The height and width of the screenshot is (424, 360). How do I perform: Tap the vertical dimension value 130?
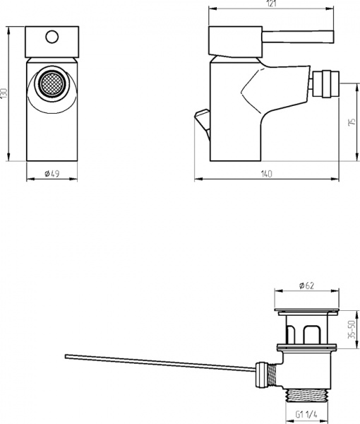tap(4, 93)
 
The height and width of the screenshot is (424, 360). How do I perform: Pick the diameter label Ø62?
tap(306, 285)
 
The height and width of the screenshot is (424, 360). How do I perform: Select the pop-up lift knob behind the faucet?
tap(203, 117)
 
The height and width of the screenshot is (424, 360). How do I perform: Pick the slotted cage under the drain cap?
tap(307, 328)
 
